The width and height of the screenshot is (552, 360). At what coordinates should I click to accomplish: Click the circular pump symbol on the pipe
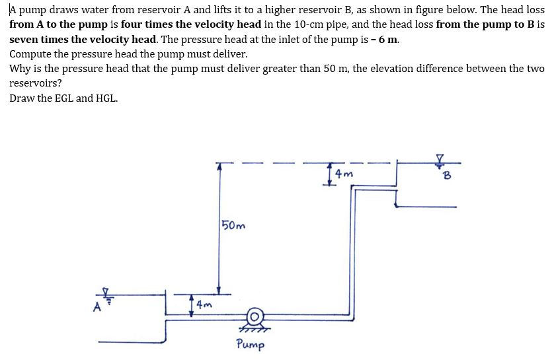pos(253,316)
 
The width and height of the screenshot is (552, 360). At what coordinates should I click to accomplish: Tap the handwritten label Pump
pos(251,344)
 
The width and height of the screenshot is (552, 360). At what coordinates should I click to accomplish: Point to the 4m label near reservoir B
pos(344,174)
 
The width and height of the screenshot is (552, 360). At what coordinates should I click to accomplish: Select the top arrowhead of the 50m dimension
pos(219,167)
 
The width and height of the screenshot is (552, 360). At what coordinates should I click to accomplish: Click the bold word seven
pos(24,38)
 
